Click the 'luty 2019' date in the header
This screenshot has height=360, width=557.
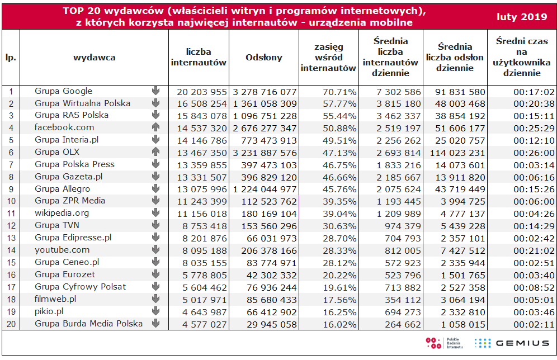[521, 17]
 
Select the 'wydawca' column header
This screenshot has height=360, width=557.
[94, 58]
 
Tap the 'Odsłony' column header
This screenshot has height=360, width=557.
[263, 58]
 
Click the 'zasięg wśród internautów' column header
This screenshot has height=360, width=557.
[329, 58]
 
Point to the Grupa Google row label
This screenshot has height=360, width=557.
[63, 91]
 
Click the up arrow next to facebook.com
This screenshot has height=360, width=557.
[155, 127]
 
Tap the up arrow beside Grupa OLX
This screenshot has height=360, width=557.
[155, 151]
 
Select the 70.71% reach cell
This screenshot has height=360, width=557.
[339, 92]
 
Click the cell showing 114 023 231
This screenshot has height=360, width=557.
[457, 153]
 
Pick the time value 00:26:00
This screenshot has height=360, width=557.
[534, 153]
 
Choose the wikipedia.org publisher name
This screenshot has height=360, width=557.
[62, 213]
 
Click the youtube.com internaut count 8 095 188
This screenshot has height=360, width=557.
[204, 250]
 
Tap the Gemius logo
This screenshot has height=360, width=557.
[512, 343]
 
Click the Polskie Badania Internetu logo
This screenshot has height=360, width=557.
[444, 343]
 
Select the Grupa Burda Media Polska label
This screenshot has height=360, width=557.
[88, 324]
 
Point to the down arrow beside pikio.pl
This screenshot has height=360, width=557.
[155, 311]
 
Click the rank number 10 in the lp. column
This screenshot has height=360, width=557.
[11, 201]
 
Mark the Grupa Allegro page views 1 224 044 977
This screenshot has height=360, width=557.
[265, 190]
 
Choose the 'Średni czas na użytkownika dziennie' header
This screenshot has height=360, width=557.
[521, 57]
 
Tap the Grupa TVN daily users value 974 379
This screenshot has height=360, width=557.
[403, 226]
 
